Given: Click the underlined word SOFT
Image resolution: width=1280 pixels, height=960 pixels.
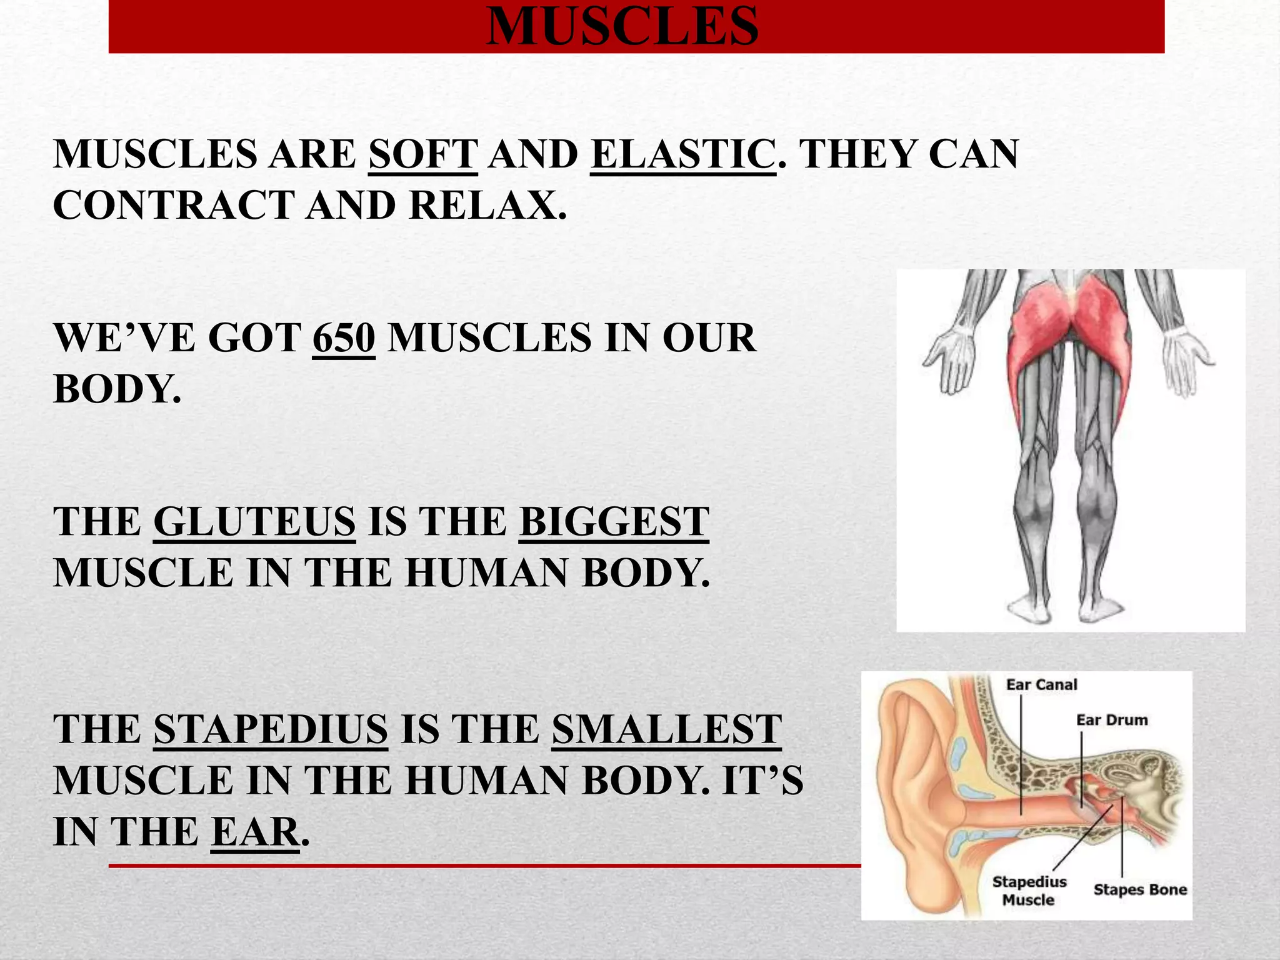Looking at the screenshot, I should click(423, 154).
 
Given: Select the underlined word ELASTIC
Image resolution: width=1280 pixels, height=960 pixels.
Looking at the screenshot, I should click(682, 154).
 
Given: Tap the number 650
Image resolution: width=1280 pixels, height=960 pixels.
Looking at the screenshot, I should click(344, 337).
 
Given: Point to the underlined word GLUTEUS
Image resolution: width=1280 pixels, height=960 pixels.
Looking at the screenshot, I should click(254, 521).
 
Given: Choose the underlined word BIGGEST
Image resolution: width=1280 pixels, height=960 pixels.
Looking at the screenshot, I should click(614, 521).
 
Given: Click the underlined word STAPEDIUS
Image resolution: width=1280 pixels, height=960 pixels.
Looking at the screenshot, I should click(271, 729).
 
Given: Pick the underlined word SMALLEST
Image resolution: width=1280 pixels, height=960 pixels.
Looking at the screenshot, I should click(666, 729).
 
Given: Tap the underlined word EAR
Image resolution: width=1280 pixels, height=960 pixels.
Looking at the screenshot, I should click(255, 831).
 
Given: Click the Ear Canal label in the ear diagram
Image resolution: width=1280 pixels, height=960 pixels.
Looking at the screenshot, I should click(1041, 685).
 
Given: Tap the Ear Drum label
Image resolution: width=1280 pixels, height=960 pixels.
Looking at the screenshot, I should click(1112, 720).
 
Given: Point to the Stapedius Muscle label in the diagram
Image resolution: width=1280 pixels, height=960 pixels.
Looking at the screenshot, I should click(1029, 891).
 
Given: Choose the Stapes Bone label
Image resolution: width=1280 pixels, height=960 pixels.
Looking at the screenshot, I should click(1140, 889).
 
